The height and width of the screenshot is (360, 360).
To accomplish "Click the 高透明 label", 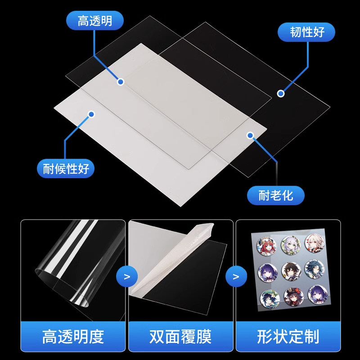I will [94, 21].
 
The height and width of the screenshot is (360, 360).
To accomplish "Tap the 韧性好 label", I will [307, 32].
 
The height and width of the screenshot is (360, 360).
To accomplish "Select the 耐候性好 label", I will [66, 170].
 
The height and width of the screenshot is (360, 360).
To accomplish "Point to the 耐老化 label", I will [275, 195].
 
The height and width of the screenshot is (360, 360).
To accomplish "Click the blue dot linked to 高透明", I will [120, 81].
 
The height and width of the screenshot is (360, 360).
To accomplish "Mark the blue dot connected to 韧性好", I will [281, 94].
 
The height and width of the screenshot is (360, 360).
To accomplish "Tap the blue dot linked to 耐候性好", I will [91, 114].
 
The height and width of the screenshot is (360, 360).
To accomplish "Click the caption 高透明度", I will [72, 336].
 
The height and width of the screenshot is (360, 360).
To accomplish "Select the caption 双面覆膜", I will [180, 336].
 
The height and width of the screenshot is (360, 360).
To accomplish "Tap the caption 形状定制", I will [288, 336].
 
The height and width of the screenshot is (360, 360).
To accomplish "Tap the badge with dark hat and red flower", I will [288, 296].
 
